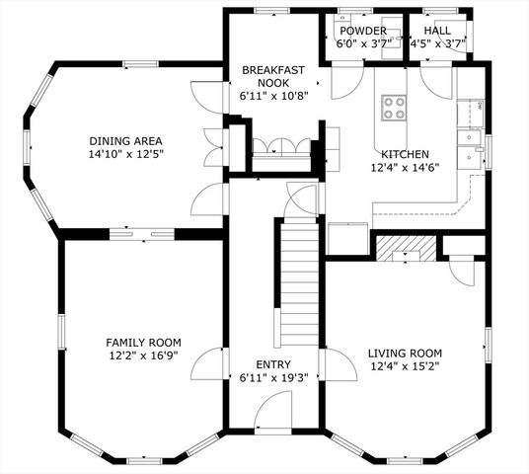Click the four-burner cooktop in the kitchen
[394, 107]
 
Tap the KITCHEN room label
[405, 155]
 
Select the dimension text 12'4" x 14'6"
[405, 169]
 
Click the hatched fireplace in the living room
[405, 247]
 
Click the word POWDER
[362, 31]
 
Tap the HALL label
[437, 31]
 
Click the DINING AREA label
[125, 141]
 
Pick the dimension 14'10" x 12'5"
[125, 155]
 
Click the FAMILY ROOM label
[144, 343]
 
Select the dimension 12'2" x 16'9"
[144, 356]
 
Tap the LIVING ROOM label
[405, 353]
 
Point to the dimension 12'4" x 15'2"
[405, 366]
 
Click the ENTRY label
[272, 364]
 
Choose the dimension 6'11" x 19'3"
[272, 378]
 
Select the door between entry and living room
[341, 367]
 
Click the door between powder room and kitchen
[347, 83]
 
